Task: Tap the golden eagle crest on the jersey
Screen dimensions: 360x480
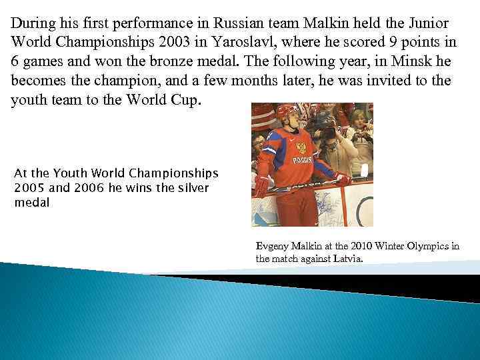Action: (301, 147)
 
